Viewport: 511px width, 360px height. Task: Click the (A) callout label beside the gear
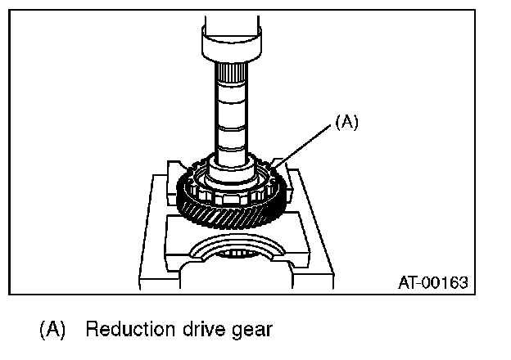(346, 123)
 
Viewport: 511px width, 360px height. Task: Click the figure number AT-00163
(432, 283)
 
